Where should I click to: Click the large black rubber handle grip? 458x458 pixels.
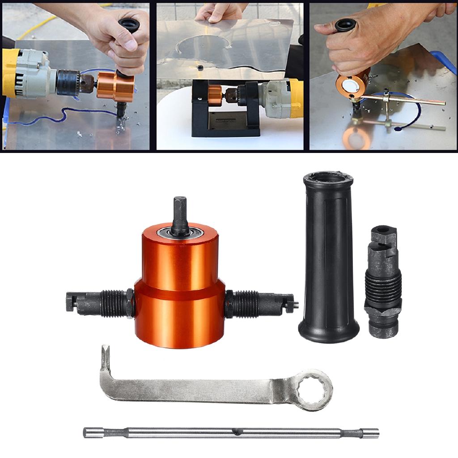point(329,259)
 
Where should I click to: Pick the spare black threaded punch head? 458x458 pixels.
point(382,282)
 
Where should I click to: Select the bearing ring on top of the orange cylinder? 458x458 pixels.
point(180,233)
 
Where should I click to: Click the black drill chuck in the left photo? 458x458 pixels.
point(68,81)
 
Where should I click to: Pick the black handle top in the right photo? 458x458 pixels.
point(345,25)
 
